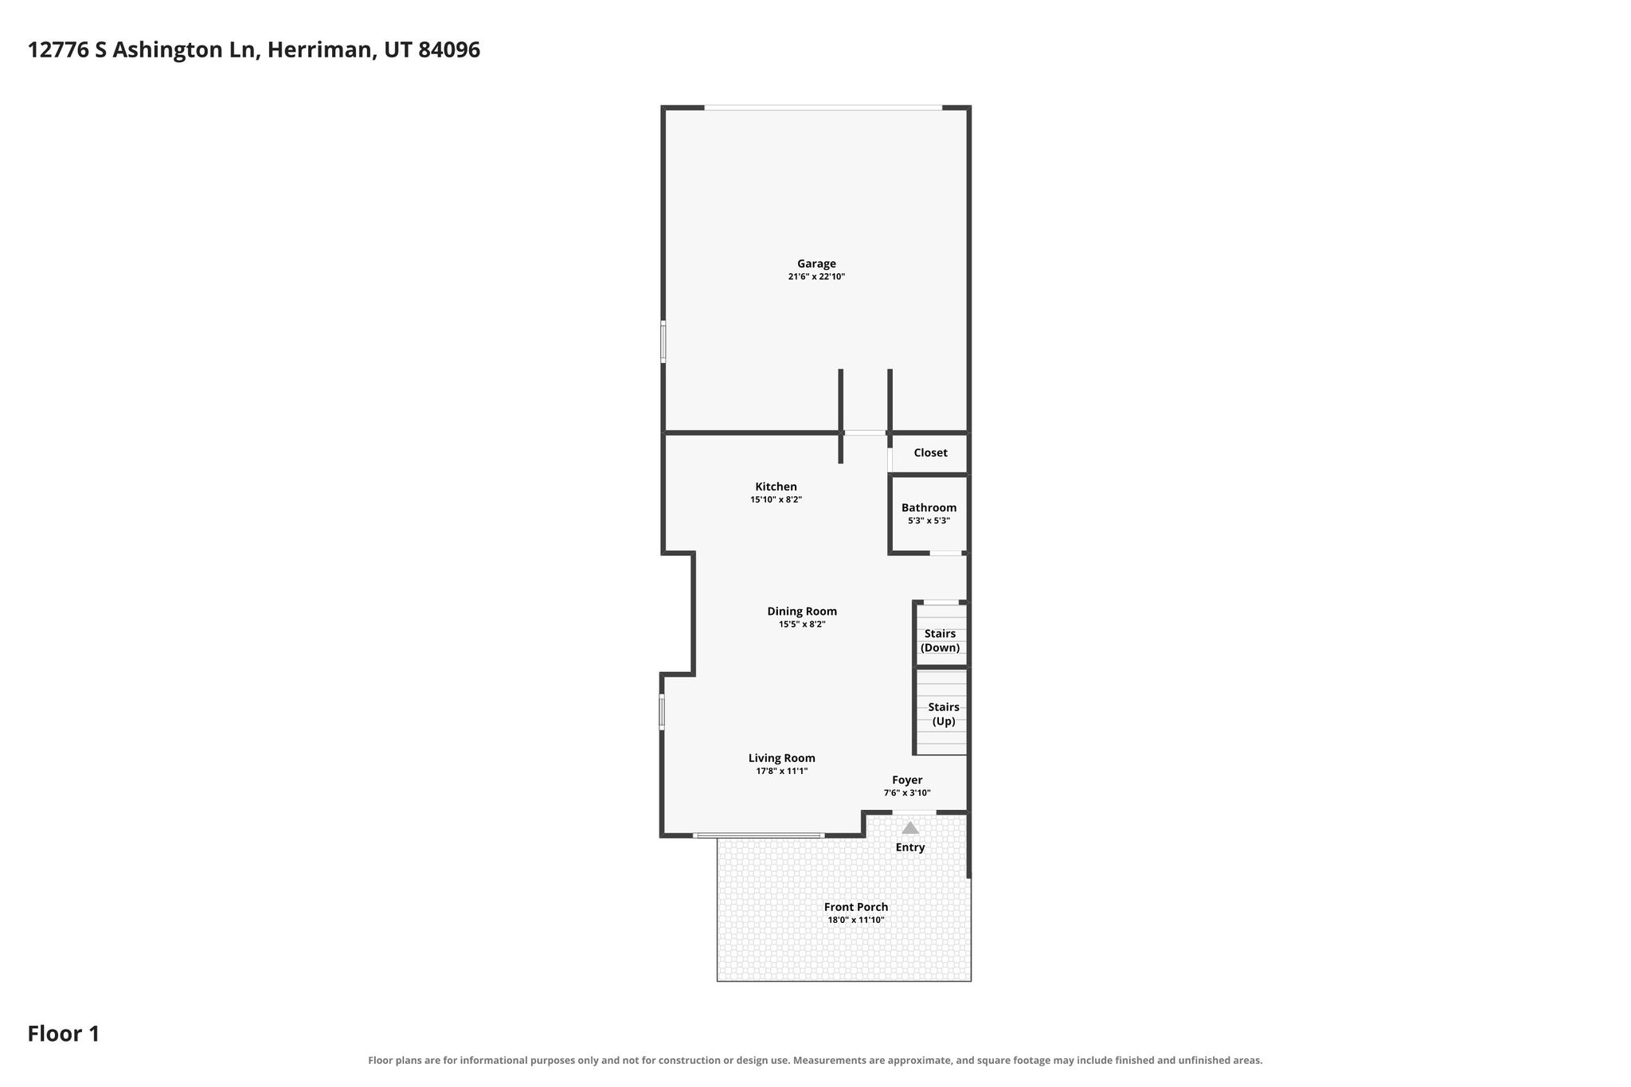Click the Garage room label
click(x=816, y=264)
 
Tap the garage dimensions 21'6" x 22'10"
click(x=816, y=277)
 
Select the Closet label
click(x=930, y=452)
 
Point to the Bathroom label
click(x=929, y=507)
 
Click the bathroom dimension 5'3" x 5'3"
click(x=929, y=521)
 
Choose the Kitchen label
click(x=776, y=487)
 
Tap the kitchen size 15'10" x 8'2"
click(x=776, y=500)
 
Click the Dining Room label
click(x=802, y=612)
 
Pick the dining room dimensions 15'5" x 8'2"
click(x=802, y=624)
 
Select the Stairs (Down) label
click(x=940, y=640)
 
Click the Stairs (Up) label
click(x=944, y=714)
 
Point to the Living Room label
click(x=781, y=758)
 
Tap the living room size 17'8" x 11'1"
click(x=781, y=771)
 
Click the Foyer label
click(x=907, y=780)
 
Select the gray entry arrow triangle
click(x=910, y=827)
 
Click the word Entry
click(x=910, y=847)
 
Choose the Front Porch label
click(x=856, y=907)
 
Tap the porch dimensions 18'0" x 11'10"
click(x=856, y=920)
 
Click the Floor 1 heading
click(x=64, y=1034)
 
